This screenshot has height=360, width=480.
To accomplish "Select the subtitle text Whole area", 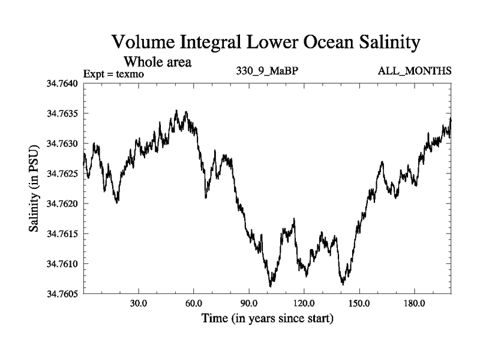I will tap(157, 62).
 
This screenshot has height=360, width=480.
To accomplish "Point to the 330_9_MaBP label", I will tap(268, 71).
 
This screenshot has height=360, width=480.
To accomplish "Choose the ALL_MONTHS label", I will tap(415, 71).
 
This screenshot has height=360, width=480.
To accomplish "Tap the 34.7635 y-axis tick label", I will tap(62, 113).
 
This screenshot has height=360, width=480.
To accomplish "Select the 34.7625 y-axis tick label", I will tap(62, 173).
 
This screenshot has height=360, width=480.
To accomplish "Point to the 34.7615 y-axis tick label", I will tap(62, 233).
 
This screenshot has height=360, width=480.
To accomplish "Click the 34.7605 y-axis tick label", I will tap(62, 293).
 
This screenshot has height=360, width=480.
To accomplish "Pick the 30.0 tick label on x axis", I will tap(139, 303).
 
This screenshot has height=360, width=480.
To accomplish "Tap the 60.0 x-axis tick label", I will tap(194, 303).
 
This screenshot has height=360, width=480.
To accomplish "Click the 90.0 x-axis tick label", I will tap(249, 303).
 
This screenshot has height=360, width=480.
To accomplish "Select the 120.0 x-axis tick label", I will tap(304, 303).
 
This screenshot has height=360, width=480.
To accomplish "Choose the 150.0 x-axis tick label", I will tap(359, 303).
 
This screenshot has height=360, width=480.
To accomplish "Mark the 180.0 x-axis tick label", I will tap(414, 303).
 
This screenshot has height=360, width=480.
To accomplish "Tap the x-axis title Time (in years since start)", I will tap(267, 317).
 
